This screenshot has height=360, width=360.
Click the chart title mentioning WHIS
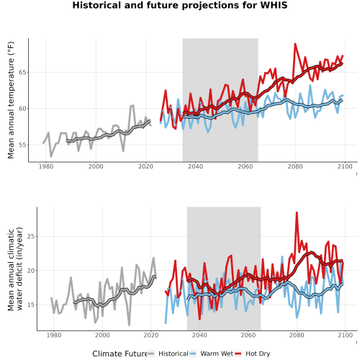coord(180,5)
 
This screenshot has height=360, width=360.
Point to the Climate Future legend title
coord(120,354)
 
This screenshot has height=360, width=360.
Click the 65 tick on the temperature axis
coord(22,72)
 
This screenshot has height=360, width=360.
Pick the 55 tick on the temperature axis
coord(22,145)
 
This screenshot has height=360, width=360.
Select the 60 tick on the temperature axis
coord(22,109)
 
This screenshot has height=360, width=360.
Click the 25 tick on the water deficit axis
coord(30,237)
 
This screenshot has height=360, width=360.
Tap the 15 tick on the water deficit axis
coord(30,305)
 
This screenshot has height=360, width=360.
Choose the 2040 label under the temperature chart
coord(195,166)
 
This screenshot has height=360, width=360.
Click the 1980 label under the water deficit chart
coord(54,335)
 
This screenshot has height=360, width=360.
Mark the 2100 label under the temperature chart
coord(345,166)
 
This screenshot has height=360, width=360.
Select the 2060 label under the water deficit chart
coord(248,335)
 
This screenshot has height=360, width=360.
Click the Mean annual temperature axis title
coord(11,100)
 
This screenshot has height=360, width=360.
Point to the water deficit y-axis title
coord(15,269)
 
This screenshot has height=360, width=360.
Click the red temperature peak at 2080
coord(295,44)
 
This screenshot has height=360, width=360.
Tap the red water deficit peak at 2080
coord(297,212)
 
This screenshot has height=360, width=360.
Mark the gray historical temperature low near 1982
coord(51,156)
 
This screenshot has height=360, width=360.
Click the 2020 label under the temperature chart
coord(145,166)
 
